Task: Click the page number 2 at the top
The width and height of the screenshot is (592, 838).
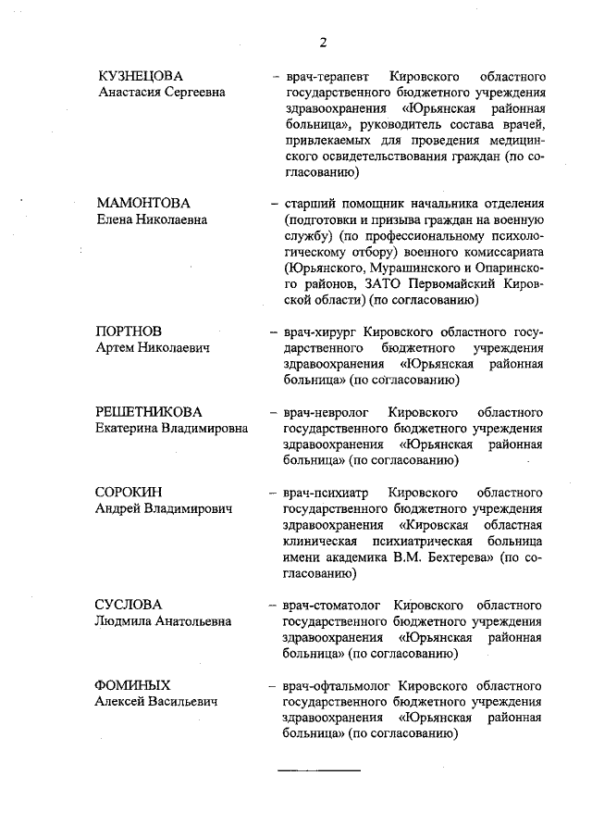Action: coord(324,41)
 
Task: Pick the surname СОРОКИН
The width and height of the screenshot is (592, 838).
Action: coord(129,491)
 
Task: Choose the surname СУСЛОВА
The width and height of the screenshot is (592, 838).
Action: coord(129,604)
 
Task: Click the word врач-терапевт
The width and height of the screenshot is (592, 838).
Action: coord(327,75)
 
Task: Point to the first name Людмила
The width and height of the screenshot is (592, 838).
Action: coord(126,620)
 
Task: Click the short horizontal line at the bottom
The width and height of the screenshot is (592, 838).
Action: coord(319,770)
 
